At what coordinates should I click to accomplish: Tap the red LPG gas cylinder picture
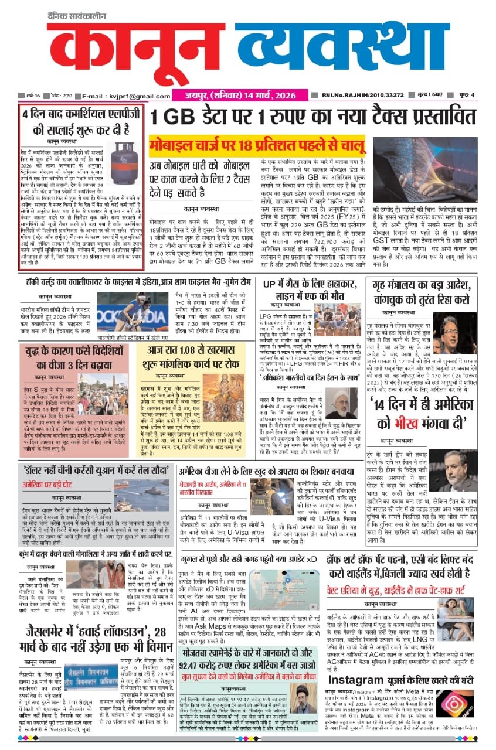click(x=125, y=160)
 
